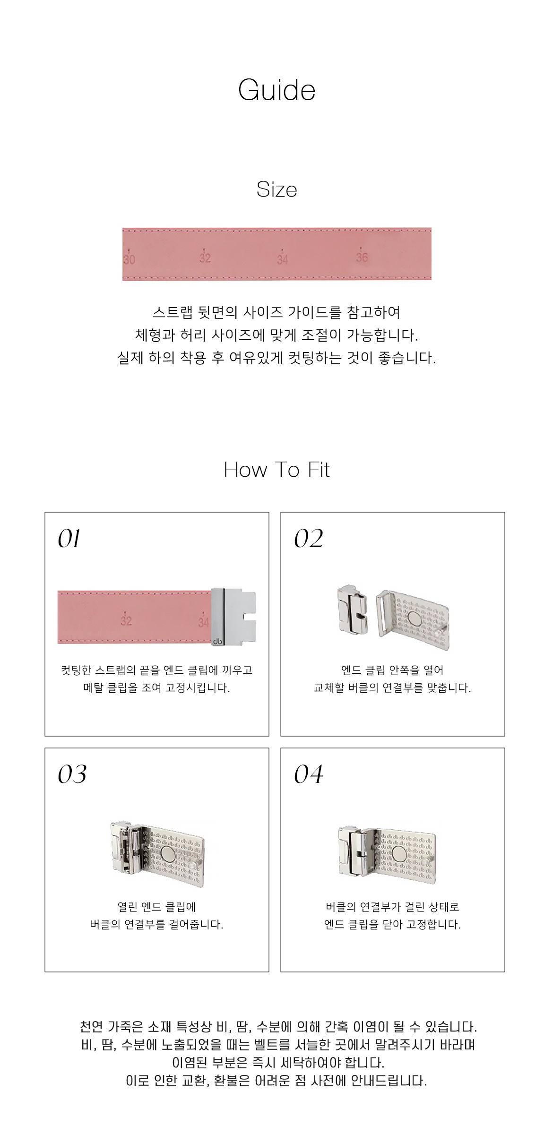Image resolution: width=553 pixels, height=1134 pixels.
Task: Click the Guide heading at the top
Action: (276, 90)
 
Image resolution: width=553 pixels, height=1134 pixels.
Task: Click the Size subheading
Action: (276, 189)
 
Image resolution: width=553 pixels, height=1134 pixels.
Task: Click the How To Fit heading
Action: (276, 470)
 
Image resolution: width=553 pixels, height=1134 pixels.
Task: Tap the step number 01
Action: (69, 539)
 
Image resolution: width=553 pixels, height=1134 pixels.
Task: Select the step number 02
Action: (309, 539)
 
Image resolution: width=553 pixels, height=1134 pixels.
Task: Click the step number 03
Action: (72, 774)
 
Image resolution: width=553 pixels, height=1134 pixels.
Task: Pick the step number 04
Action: (309, 774)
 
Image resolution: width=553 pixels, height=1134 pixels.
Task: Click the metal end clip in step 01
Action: (233, 617)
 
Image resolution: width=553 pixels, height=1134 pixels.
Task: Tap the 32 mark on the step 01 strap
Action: (126, 619)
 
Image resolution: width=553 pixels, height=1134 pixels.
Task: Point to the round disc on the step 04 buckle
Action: (399, 853)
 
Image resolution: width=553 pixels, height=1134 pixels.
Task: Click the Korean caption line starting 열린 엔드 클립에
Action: (156, 907)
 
